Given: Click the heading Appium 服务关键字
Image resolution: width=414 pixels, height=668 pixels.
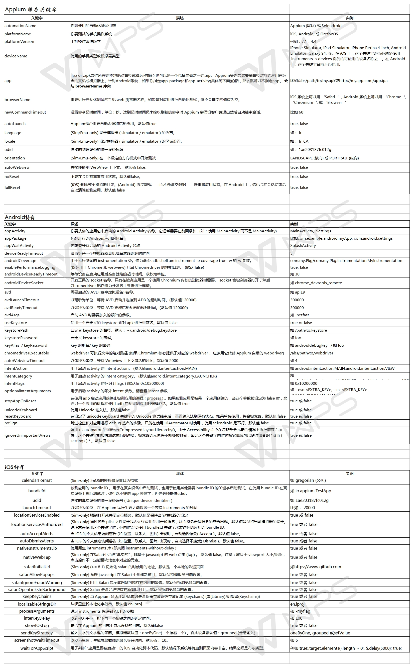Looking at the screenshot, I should pyautogui.click(x=31, y=10).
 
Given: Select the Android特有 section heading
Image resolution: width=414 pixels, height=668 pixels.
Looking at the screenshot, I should pyautogui.click(x=20, y=217).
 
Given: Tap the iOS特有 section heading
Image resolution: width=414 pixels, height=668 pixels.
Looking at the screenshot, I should pyautogui.click(x=14, y=467).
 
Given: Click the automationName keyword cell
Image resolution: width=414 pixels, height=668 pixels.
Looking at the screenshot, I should pyautogui.click(x=20, y=26).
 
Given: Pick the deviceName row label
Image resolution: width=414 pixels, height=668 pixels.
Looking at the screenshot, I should pyautogui.click(x=16, y=56).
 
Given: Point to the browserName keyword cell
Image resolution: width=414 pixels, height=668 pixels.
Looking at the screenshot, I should pyautogui.click(x=17, y=100).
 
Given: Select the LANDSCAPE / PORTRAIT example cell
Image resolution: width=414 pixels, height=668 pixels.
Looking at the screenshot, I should pyautogui.click(x=325, y=158).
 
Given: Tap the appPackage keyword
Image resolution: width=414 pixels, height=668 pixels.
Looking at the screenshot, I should pyautogui.click(x=15, y=238).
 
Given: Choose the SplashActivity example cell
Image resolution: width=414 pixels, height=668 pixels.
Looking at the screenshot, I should pyautogui.click(x=303, y=245).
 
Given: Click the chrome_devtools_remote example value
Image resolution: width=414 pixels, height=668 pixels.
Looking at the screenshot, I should pyautogui.click(x=316, y=283).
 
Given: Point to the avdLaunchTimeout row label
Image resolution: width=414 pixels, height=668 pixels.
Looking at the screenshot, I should pyautogui.click(x=22, y=300).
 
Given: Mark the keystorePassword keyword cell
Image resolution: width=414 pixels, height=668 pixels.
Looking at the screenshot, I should pyautogui.click(x=21, y=338).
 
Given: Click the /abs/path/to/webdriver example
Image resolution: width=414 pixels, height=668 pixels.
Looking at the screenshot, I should pyautogui.click(x=312, y=353).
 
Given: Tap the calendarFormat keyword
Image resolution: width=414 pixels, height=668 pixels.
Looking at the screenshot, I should pyautogui.click(x=37, y=480).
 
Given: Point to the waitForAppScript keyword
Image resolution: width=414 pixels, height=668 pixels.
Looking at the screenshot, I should pyautogui.click(x=37, y=648).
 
